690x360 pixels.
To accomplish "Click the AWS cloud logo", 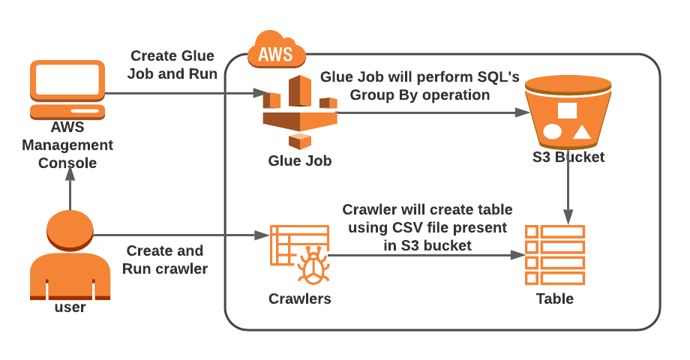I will (x=276, y=51).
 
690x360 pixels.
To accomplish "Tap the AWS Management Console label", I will (x=67, y=145).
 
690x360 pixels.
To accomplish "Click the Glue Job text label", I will (x=299, y=160).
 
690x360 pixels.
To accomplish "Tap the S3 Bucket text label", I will (x=568, y=157).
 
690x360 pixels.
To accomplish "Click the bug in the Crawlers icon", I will (x=311, y=265).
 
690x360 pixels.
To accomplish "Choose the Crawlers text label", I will (x=299, y=298).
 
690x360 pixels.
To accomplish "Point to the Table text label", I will (x=554, y=298).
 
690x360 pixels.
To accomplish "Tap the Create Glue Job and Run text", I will (x=172, y=65).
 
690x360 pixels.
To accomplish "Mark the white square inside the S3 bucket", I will (x=567, y=109).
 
